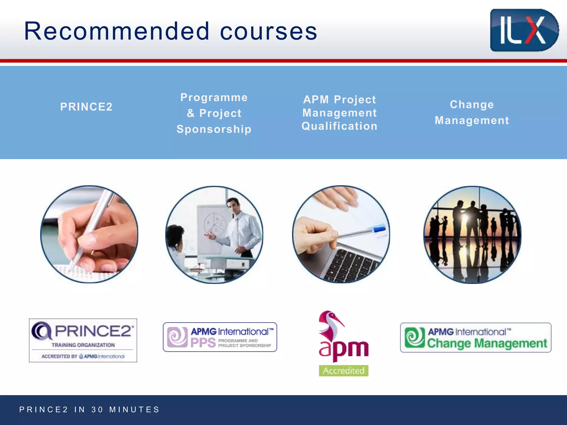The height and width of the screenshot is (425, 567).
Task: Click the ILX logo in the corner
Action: tap(524, 30)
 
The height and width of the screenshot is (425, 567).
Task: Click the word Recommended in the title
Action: tap(117, 31)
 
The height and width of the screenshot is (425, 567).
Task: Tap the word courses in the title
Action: tap(268, 32)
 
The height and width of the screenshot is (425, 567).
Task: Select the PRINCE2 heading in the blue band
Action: tap(86, 107)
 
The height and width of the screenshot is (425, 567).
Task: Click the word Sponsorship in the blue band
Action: tap(214, 129)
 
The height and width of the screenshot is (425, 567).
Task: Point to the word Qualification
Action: tap(339, 126)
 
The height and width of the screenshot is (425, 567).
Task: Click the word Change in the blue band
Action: tap(472, 105)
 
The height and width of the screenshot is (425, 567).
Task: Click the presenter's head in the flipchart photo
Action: tap(233, 205)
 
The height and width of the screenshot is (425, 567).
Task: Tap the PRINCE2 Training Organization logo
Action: tap(83, 340)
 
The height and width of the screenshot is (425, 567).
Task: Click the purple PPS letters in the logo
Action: tap(203, 343)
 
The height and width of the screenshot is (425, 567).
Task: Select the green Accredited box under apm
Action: tap(343, 370)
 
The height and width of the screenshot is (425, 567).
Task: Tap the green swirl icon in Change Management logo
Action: tap(414, 337)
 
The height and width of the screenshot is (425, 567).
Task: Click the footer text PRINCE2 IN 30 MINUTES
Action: tap(89, 410)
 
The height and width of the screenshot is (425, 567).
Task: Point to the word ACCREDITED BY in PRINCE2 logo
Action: tap(59, 356)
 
